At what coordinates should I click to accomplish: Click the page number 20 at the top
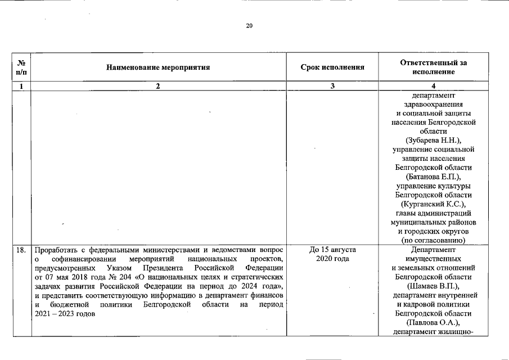(249, 26)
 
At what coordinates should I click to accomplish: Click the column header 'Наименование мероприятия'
(158, 67)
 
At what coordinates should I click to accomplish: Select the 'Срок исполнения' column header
(332, 67)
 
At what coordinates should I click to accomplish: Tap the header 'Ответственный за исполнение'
(433, 67)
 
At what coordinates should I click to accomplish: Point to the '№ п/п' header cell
(21, 67)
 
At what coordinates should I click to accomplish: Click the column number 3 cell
(332, 86)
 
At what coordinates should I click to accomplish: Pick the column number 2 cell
(158, 86)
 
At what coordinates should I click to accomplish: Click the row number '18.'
(21, 249)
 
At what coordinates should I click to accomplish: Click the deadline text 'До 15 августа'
(332, 249)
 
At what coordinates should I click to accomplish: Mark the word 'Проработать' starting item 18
(57, 249)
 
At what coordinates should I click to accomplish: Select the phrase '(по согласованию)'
(433, 240)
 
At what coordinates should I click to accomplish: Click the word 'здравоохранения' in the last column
(433, 104)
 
